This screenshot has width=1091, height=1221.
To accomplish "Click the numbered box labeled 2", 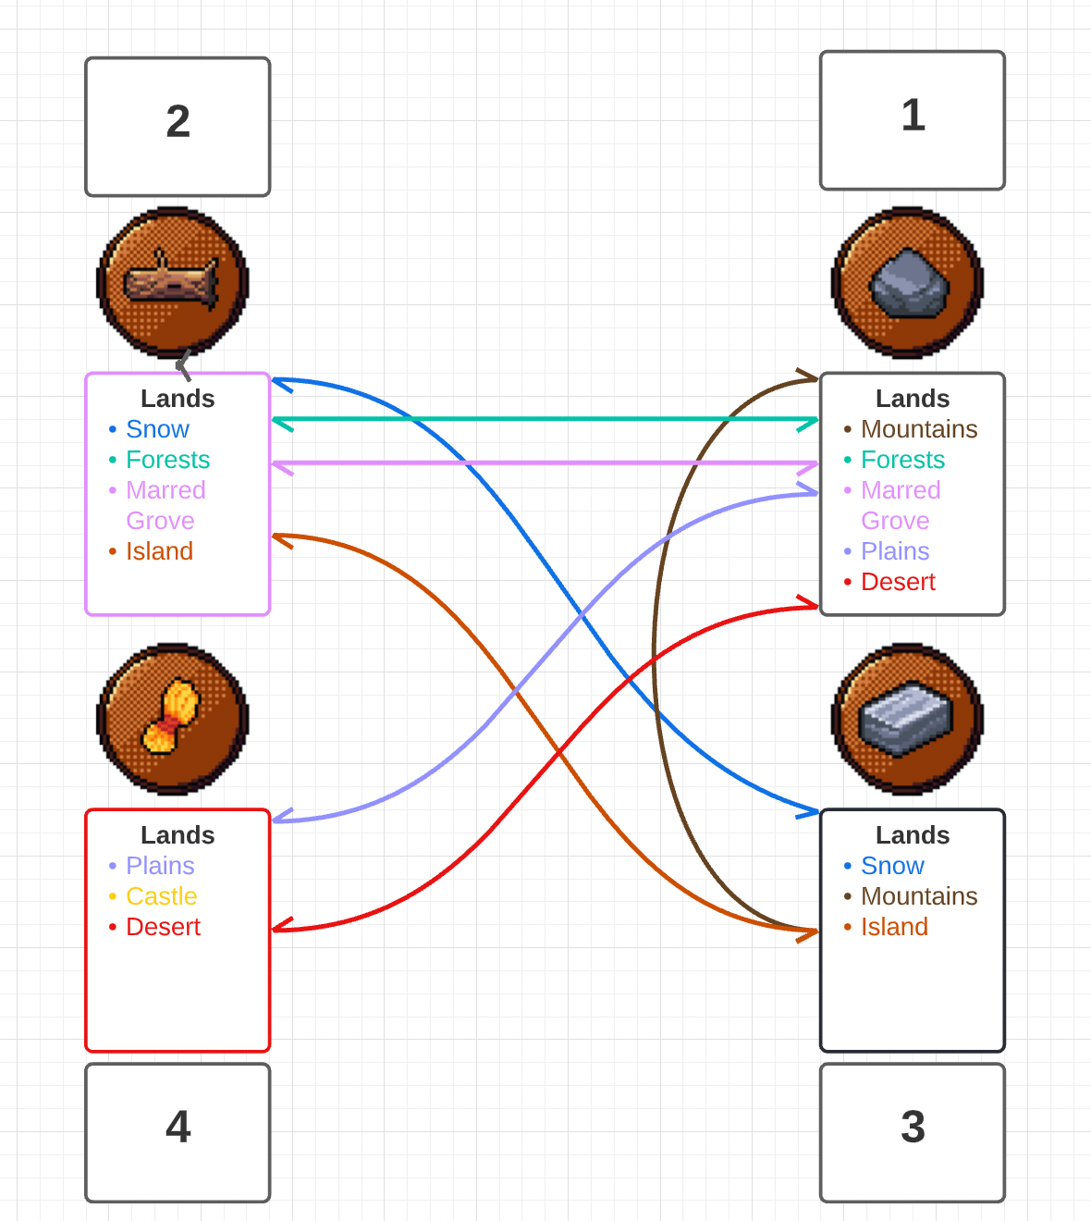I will pyautogui.click(x=178, y=127).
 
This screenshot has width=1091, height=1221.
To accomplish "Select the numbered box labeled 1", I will pyautogui.click(x=912, y=120).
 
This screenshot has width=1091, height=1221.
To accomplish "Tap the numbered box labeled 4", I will pyautogui.click(x=178, y=1132).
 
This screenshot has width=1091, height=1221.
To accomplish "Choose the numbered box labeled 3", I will pyautogui.click(x=912, y=1132).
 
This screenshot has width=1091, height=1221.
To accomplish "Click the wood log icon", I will pyautogui.click(x=173, y=281).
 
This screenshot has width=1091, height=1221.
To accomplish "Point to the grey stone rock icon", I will pyautogui.click(x=907, y=281).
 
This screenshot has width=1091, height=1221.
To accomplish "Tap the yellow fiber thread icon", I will pyautogui.click(x=173, y=718).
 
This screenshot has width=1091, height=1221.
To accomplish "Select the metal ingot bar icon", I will pyautogui.click(x=907, y=718).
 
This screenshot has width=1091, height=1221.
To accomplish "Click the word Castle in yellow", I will pyautogui.click(x=162, y=896).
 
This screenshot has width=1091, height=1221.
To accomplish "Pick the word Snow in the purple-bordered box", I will pyautogui.click(x=157, y=429).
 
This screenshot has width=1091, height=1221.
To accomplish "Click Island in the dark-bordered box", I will pyautogui.click(x=894, y=927).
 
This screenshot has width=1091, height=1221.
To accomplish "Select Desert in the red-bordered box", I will pyautogui.click(x=163, y=927).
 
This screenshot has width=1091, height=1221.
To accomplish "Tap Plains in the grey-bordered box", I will pyautogui.click(x=895, y=551).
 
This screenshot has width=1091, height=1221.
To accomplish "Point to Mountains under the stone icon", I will pyautogui.click(x=919, y=429).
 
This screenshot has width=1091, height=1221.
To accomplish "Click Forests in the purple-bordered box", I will pyautogui.click(x=167, y=460).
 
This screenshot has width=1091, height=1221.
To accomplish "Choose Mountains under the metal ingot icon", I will pyautogui.click(x=919, y=896).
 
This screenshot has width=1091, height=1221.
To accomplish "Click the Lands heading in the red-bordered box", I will pyautogui.click(x=178, y=835).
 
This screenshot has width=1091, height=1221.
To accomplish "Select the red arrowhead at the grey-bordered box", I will pyautogui.click(x=810, y=605).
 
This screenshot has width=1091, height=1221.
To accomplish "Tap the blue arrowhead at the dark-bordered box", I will pyautogui.click(x=810, y=812).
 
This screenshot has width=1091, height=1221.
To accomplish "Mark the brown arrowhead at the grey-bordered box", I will pyautogui.click(x=810, y=376).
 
